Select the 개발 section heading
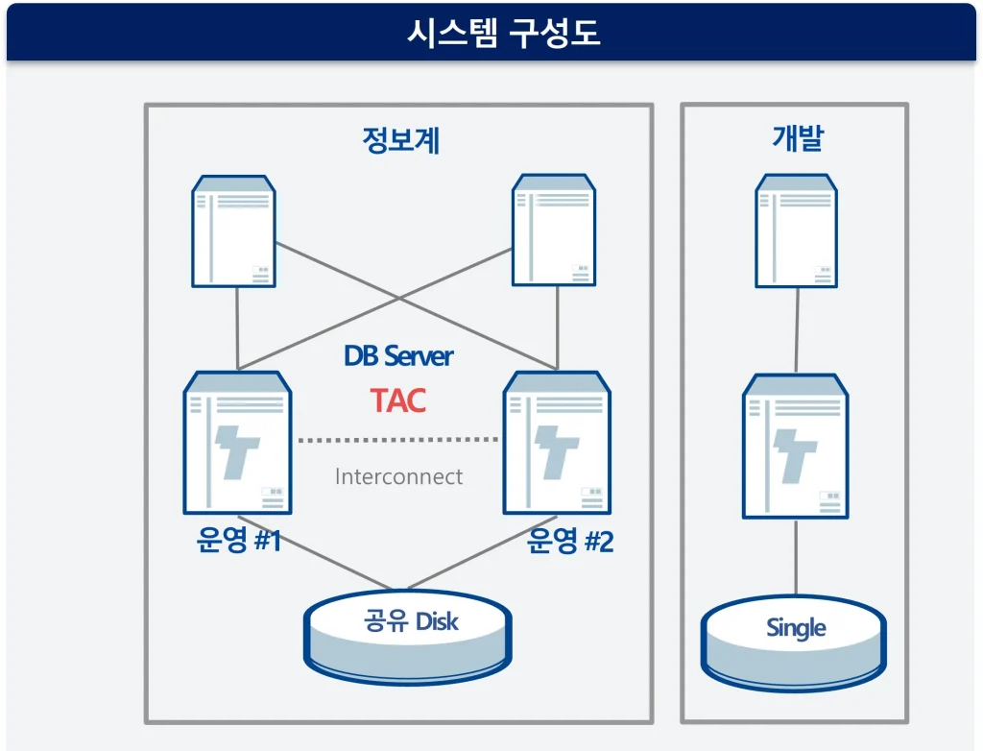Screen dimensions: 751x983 tap(797, 139)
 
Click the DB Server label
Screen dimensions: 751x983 tap(398, 356)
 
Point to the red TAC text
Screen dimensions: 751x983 tap(398, 400)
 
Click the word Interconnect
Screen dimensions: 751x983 tap(398, 476)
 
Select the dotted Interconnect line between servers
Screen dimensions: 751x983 tap(397, 440)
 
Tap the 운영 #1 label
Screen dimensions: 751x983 tap(239, 542)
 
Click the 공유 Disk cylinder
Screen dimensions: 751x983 tap(407, 635)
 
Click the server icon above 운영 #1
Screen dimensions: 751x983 tap(237, 443)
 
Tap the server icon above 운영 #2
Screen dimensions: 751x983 tap(558, 443)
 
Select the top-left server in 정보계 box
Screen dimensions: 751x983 tap(234, 230)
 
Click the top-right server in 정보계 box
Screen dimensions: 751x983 tap(554, 230)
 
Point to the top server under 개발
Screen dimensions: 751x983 tap(797, 230)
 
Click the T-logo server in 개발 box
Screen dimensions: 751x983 tap(796, 447)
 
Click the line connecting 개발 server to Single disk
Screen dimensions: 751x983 tap(796, 557)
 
